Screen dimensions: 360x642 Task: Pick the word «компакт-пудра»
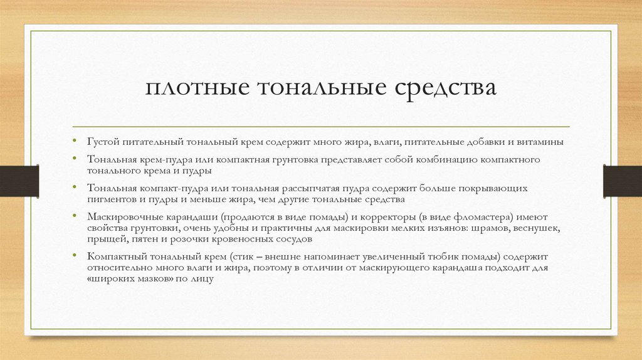(169, 188)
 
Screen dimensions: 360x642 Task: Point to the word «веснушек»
(535, 228)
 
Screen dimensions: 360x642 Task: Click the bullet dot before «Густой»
(74, 142)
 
